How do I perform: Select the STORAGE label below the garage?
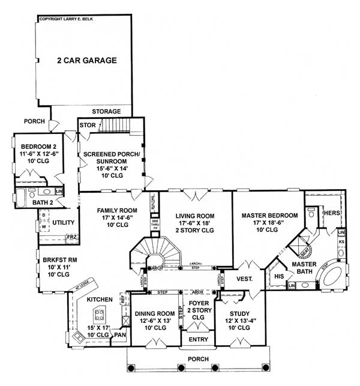pyautogui.click(x=106, y=112)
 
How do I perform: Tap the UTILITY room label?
pyautogui.click(x=63, y=223)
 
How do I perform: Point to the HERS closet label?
pyautogui.click(x=332, y=213)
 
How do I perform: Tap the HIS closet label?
pyautogui.click(x=280, y=276)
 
